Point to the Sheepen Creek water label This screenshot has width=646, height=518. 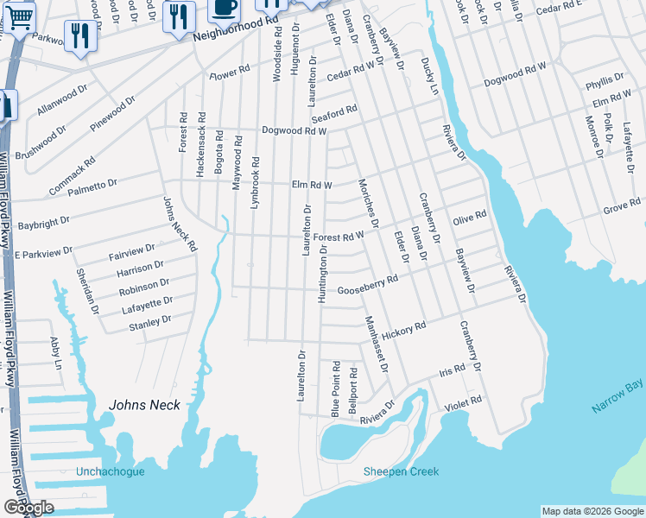(401, 471)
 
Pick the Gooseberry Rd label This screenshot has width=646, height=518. (367, 285)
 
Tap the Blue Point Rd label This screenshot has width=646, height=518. (335, 389)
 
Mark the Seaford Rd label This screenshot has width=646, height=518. (334, 114)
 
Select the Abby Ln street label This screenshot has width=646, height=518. (57, 353)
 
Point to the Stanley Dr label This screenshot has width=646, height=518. (149, 322)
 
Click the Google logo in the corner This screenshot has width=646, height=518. (28, 508)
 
